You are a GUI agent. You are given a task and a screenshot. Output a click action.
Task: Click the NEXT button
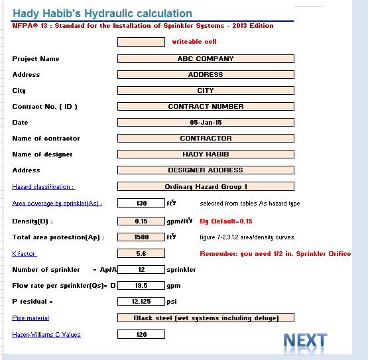click(305, 340)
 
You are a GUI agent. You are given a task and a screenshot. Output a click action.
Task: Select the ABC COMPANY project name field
click(206, 58)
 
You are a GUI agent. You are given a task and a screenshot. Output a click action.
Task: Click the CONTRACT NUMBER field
click(206, 106)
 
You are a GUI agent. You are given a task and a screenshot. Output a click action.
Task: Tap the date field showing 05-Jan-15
click(206, 122)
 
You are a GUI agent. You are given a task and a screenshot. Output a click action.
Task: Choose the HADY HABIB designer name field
click(206, 154)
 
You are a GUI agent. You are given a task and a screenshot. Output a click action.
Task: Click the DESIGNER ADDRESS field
click(206, 170)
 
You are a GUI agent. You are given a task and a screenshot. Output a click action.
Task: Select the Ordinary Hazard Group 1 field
click(206, 186)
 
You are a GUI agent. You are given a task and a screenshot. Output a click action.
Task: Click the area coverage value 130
click(141, 203)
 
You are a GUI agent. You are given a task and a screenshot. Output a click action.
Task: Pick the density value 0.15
click(141, 221)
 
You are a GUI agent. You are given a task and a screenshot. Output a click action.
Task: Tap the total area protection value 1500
click(141, 236)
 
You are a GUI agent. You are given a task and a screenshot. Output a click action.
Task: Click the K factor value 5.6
click(141, 253)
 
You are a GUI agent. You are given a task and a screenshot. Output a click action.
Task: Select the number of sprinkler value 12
click(141, 269)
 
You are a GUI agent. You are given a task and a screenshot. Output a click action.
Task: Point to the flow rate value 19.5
click(141, 285)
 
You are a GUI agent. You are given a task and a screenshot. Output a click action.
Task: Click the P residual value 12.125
click(141, 301)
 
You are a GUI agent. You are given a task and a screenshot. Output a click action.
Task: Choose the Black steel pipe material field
click(206, 318)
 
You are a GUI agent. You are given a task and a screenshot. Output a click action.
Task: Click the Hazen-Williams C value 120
click(141, 334)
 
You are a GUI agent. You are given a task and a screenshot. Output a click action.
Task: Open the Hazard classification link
click(43, 186)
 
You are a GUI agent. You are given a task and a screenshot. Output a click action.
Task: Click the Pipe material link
click(31, 318)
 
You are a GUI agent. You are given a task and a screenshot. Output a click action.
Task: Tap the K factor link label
click(25, 253)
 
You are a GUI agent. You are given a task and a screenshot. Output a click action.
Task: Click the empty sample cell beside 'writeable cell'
click(141, 42)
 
